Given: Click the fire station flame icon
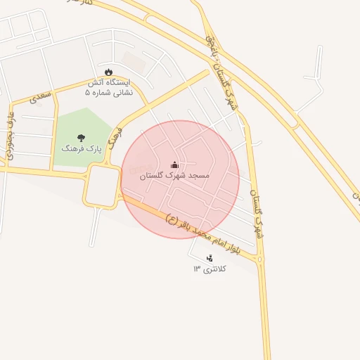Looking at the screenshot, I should [108, 72].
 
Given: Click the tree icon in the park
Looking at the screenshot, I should [81, 138].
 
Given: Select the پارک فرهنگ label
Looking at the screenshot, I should [82, 149].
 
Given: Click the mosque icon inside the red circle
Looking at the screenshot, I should [174, 165].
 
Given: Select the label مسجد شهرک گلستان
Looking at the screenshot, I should [174, 175].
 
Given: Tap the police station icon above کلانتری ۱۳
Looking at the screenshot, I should [210, 258].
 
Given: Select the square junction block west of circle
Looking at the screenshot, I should [103, 186].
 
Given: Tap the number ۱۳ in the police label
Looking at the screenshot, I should [198, 269].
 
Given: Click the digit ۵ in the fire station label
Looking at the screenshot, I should [87, 92].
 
